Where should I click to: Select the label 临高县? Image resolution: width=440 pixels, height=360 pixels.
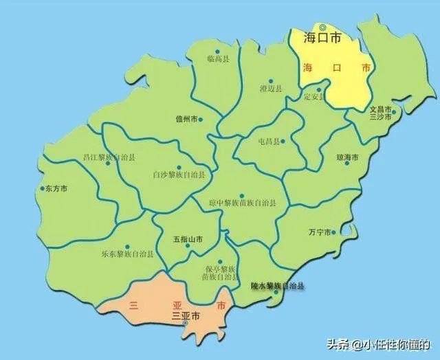tap(217, 60)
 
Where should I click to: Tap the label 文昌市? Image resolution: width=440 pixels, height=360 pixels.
tap(380, 109)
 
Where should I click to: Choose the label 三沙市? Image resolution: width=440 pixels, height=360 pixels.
tap(380, 117)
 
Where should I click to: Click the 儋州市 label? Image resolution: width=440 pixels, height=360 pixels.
tap(186, 120)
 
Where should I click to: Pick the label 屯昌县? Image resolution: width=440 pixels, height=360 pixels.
tap(269, 142)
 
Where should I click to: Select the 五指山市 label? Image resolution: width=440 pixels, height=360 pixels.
tap(188, 240)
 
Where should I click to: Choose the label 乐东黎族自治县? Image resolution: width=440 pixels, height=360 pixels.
tap(127, 255)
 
